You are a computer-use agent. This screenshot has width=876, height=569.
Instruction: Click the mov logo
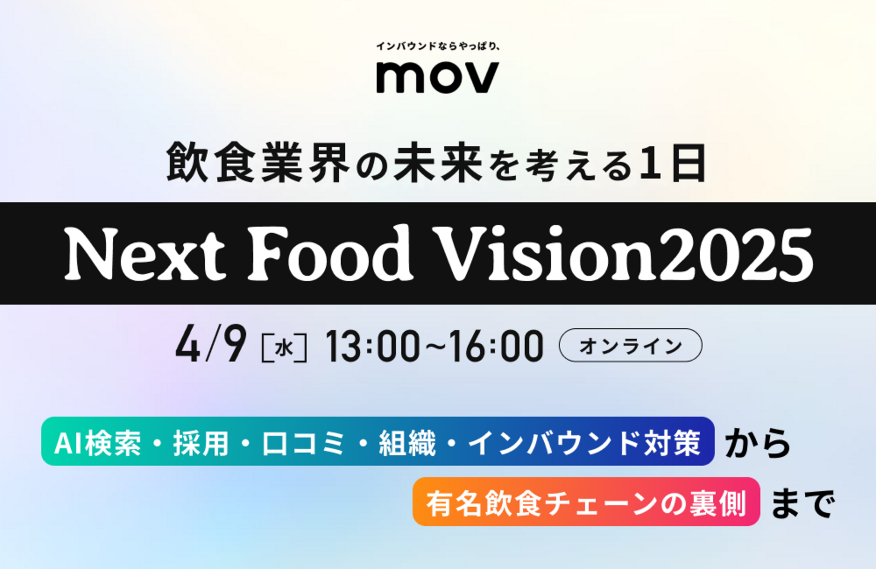(437, 77)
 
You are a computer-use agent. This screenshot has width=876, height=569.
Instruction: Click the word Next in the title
(145, 254)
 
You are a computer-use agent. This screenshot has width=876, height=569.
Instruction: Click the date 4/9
(211, 345)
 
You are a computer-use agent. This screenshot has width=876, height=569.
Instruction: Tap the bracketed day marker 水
(284, 347)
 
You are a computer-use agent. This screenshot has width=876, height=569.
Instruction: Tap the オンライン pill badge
(630, 345)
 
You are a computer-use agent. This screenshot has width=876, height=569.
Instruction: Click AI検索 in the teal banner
(97, 443)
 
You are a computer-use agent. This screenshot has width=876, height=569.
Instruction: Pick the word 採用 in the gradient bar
(201, 443)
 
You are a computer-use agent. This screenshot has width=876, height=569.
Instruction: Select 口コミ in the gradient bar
(304, 443)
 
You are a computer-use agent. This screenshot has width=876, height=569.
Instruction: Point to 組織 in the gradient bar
(407, 443)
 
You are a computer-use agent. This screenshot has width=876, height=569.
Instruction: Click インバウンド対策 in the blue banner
(584, 443)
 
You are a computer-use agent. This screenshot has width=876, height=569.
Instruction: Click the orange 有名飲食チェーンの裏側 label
(586, 502)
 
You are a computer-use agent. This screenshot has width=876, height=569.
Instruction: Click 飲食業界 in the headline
(258, 162)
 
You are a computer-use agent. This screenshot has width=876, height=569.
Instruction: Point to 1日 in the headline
(673, 162)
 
